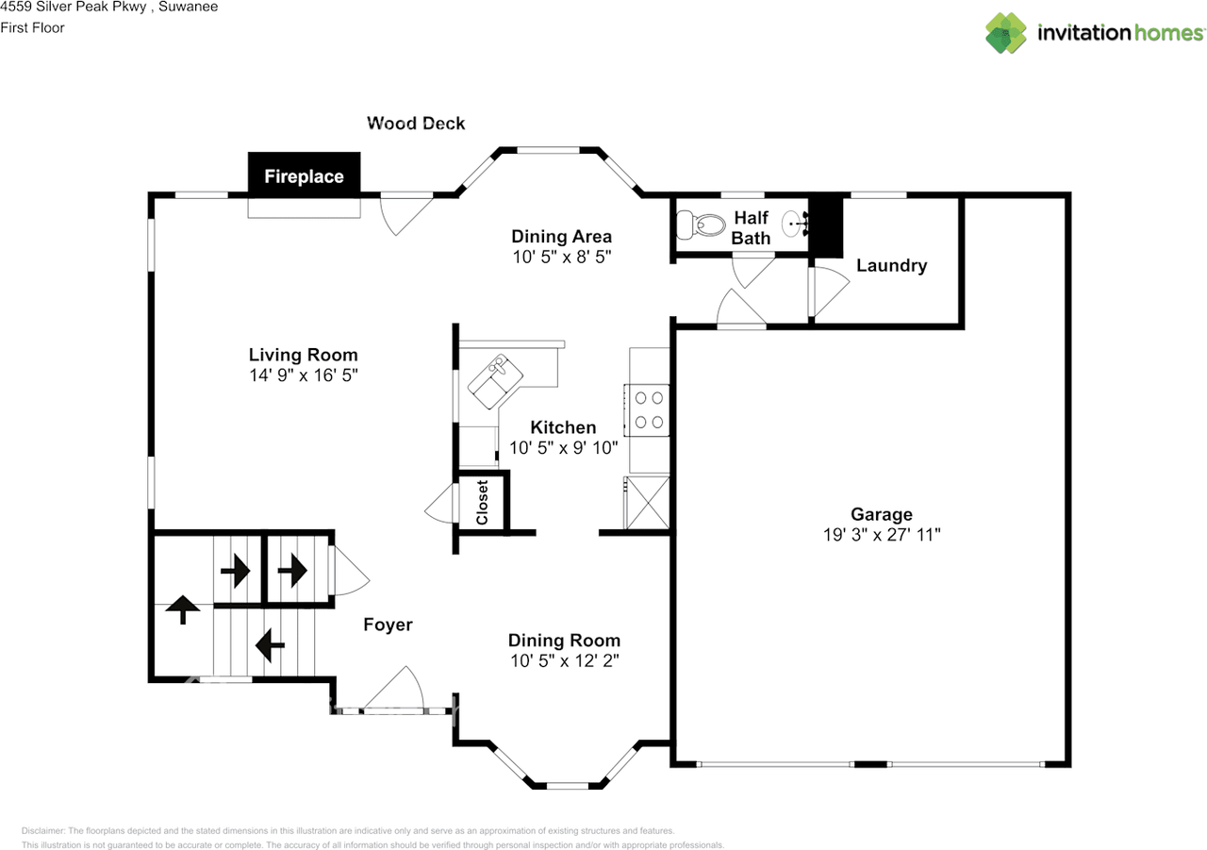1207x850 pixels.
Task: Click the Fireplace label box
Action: click(304, 175)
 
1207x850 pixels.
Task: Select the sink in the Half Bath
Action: click(797, 225)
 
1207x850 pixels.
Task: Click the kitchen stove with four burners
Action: click(647, 409)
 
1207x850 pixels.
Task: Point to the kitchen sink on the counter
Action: click(499, 378)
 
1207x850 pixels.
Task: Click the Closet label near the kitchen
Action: click(482, 502)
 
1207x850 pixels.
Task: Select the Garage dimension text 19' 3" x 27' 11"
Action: click(881, 534)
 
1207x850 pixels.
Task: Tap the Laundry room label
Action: click(891, 265)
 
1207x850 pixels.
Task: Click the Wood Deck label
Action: click(416, 123)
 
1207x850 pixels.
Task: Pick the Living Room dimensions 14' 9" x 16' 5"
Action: click(303, 375)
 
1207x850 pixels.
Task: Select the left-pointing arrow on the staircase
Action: click(271, 646)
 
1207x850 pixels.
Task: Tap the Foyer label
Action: click(388, 625)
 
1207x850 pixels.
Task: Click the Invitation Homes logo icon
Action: click(1005, 33)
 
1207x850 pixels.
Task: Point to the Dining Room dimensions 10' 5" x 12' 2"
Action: click(564, 660)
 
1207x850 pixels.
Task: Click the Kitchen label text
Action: click(563, 427)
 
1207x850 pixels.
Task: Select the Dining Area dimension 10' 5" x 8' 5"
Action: click(562, 256)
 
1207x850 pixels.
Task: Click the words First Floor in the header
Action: click(33, 27)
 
